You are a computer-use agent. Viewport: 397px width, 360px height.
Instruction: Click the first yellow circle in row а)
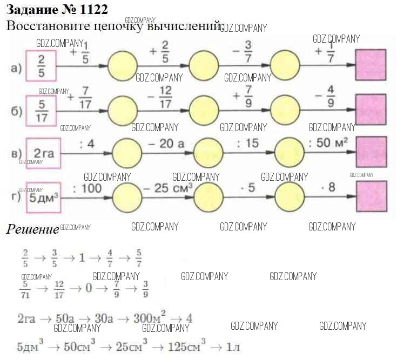[123, 66]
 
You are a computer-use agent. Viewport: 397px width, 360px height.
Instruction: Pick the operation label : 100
[86, 188]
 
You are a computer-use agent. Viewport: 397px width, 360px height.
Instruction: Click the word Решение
[32, 229]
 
